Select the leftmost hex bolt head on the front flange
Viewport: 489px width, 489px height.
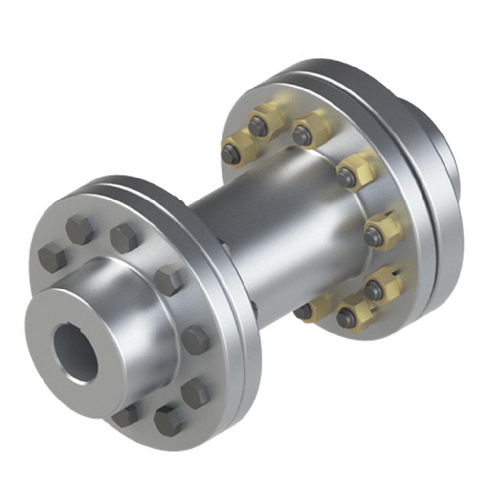pos(51,257)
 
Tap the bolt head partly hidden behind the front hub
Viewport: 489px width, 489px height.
pos(125,416)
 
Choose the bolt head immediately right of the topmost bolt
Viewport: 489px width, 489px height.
pos(123,238)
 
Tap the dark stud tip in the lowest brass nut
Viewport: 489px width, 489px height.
pos(347,319)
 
